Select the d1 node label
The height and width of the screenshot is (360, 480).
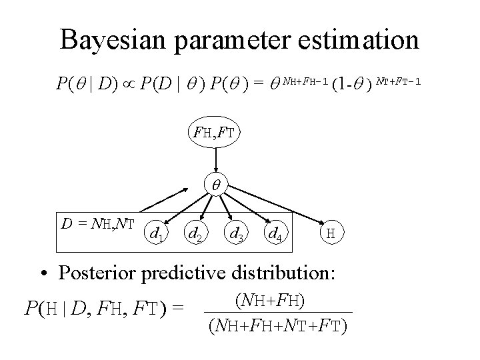pos(157,233)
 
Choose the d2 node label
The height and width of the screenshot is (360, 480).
pos(195,233)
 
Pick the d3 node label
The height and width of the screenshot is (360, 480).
pos(235,233)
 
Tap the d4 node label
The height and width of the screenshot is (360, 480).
pos(273,233)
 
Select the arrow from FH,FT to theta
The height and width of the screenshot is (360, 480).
pos(215,161)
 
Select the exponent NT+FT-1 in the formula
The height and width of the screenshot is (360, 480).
pos(399,81)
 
